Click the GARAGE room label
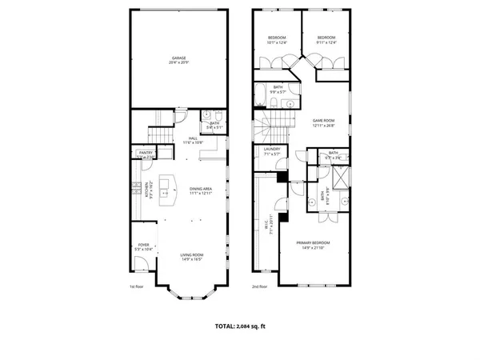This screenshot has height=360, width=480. point(178,58)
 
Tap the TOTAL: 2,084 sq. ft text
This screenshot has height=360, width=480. point(239,326)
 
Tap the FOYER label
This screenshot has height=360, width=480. point(145,247)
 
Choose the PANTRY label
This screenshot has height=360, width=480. point(146,152)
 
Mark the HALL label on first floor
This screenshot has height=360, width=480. point(193,138)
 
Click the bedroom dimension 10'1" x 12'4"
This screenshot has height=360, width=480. point(277,42)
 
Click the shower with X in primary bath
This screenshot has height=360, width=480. point(339,178)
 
